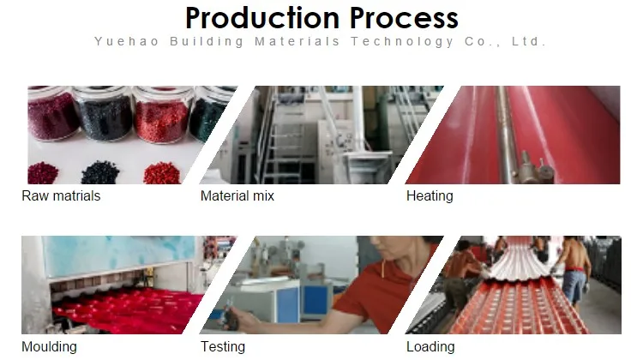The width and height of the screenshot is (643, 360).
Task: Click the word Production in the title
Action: [x=262, y=19]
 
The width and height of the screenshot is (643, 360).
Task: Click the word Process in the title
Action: [x=404, y=19]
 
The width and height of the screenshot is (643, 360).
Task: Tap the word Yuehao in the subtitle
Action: [x=126, y=42]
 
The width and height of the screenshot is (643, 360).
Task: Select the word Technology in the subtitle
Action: [x=402, y=42]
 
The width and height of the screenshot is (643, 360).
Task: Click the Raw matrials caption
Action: [x=61, y=196]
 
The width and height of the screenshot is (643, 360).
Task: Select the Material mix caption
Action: [x=237, y=196]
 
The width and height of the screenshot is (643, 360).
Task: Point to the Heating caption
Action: [x=430, y=196]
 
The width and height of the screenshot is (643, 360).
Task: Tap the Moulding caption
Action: [x=49, y=347]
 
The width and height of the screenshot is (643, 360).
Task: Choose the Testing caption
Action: [x=223, y=347]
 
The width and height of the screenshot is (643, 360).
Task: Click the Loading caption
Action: [x=430, y=347]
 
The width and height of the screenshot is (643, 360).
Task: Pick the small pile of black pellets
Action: [x=100, y=172]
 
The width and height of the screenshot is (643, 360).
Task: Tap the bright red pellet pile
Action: [x=162, y=173]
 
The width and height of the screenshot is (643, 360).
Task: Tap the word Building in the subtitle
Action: [x=207, y=42]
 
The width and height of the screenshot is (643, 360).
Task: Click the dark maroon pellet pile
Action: [x=43, y=173]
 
